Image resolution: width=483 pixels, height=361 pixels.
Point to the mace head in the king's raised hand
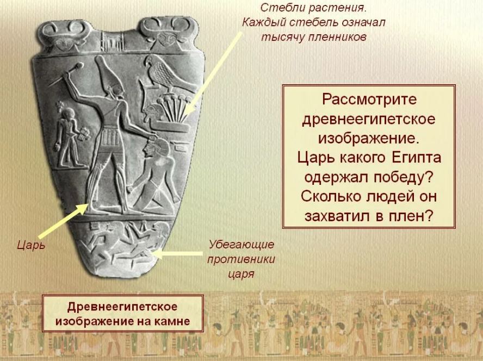pos(78,66)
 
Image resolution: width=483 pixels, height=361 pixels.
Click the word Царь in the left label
pos(31,245)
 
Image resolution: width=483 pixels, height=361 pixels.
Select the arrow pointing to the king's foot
pos(63,220)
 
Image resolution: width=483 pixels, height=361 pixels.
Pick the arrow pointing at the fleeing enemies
pos(177,254)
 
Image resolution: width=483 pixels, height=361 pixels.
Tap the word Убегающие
pos(241,245)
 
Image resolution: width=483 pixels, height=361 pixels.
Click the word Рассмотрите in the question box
pos(369,99)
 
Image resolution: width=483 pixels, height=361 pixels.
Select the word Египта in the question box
pos(416,158)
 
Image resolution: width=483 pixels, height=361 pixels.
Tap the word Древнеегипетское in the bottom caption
pos(122,307)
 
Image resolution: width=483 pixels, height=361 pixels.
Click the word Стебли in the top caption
pos(277,8)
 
